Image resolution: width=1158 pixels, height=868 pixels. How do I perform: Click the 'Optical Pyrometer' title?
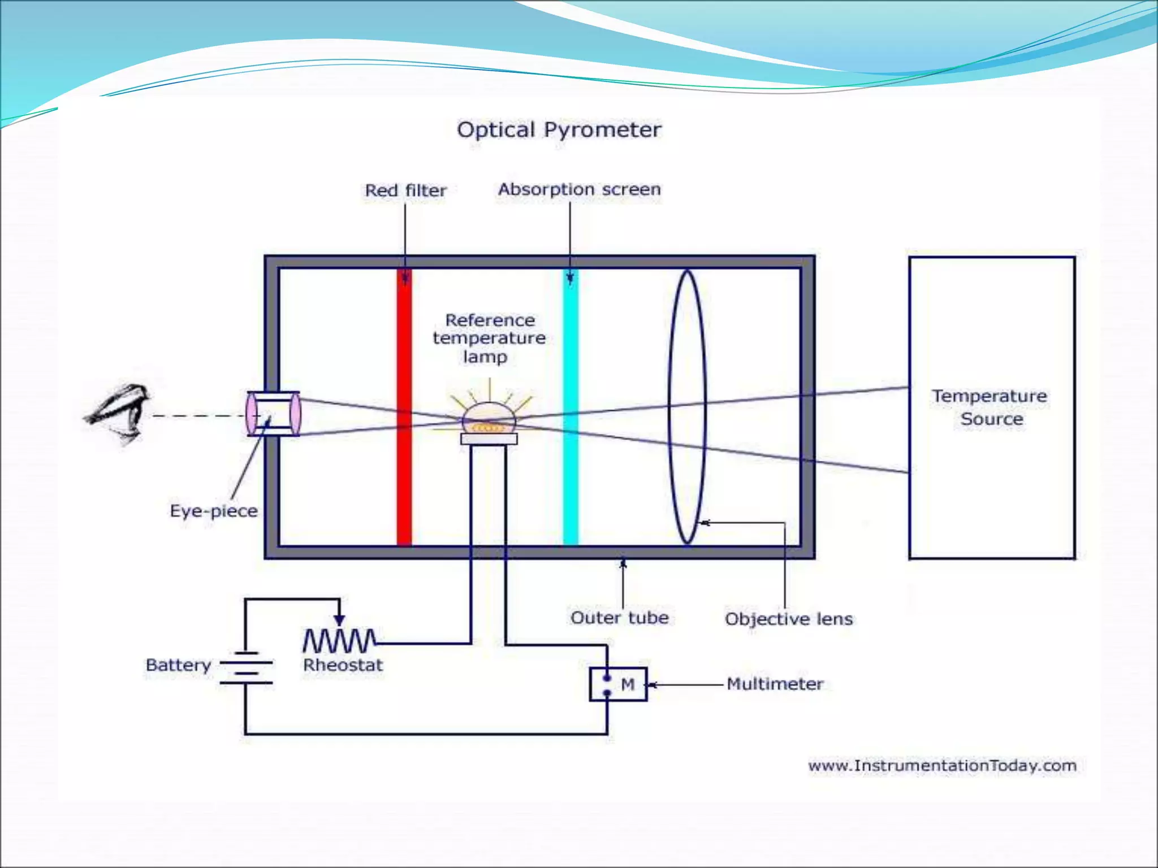point(559,130)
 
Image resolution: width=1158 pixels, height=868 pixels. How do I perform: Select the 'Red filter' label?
point(405,190)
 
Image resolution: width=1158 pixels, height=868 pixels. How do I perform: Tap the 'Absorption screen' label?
point(579,189)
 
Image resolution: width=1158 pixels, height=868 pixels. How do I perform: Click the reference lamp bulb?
point(489,419)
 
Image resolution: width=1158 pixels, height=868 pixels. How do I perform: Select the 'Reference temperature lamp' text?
point(489,338)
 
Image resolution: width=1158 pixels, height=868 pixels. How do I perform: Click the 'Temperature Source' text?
point(991,407)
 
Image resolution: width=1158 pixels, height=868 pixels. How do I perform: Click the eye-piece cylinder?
point(274,414)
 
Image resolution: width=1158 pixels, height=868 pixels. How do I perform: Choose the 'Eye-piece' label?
point(214,511)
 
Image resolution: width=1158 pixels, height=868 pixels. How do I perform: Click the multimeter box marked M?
point(618,684)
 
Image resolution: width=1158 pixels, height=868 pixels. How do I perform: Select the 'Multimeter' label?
point(774,684)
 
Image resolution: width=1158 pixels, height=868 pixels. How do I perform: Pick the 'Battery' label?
point(178,665)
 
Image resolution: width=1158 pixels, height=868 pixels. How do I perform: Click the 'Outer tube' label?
point(619,618)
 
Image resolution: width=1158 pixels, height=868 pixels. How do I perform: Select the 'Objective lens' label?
point(788,619)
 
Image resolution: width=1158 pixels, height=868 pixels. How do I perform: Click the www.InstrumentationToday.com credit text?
point(942,766)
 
